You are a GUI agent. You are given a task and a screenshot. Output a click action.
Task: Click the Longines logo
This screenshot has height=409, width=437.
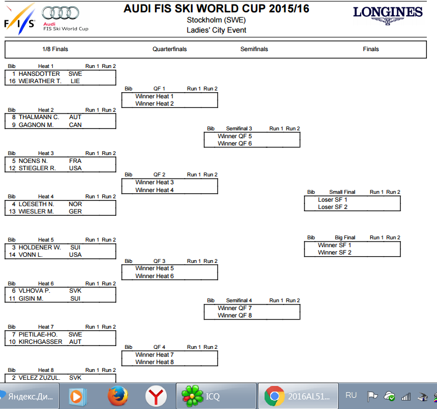(388, 16)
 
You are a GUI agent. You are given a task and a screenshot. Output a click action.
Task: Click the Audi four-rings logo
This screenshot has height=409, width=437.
(60, 13)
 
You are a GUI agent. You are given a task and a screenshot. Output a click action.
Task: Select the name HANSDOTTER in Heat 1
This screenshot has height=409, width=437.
(39, 74)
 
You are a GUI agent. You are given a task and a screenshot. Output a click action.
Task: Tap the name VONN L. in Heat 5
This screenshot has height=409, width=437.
(30, 255)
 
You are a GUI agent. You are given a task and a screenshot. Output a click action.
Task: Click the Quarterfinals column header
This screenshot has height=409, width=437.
(170, 49)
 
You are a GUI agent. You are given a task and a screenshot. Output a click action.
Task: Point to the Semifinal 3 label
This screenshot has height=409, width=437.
(239, 129)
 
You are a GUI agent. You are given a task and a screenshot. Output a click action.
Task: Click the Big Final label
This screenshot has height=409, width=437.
(345, 238)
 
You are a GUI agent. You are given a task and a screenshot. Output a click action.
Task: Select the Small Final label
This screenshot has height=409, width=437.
(342, 192)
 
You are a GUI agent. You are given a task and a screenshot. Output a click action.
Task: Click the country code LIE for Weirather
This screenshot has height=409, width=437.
(75, 81)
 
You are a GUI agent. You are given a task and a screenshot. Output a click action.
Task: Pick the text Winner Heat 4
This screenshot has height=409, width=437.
(154, 190)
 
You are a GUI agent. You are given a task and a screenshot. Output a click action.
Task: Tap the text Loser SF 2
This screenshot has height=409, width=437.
(333, 207)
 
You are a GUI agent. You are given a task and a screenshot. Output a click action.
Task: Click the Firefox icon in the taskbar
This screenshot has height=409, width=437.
(117, 396)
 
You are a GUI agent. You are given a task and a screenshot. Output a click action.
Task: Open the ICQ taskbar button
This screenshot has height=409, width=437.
(216, 396)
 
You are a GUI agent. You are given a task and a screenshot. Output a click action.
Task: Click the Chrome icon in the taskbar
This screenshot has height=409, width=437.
(274, 396)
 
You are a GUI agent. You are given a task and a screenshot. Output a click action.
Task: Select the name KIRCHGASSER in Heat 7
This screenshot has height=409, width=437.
(40, 342)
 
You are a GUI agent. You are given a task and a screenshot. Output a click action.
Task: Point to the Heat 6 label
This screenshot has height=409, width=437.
(45, 284)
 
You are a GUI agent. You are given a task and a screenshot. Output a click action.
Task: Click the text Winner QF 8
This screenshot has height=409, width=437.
(235, 315)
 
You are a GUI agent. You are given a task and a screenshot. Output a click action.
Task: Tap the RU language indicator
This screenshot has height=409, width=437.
(351, 396)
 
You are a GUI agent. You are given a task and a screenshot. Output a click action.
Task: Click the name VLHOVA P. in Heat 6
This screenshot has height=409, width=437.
(34, 291)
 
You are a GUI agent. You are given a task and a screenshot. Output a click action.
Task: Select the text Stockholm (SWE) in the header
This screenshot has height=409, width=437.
(216, 20)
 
